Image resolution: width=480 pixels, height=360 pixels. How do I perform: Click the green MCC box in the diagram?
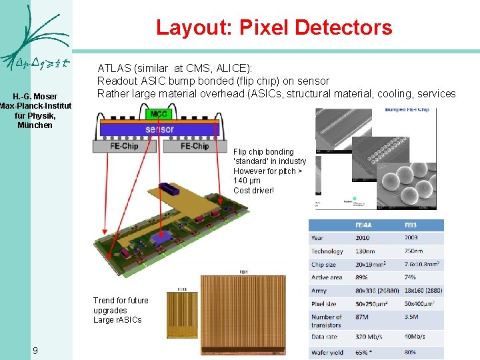tap(159, 114)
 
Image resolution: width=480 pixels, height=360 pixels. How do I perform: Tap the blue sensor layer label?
tap(159, 129)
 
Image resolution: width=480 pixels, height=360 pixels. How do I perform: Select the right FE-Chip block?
tap(195, 146)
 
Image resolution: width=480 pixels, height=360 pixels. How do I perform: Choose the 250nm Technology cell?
tap(414, 251)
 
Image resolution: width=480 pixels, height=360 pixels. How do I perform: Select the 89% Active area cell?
tap(363, 277)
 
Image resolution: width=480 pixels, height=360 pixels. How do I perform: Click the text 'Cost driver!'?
tap(253, 191)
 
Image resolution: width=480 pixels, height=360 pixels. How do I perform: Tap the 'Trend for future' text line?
tap(121, 301)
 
